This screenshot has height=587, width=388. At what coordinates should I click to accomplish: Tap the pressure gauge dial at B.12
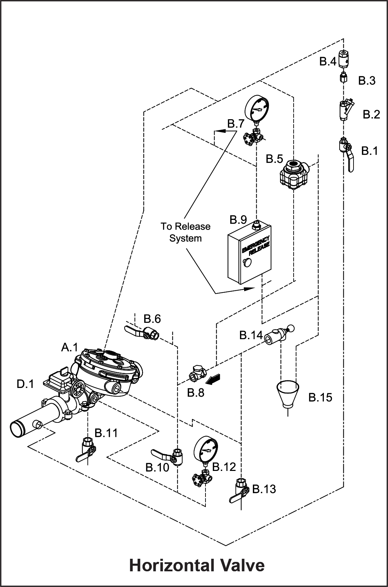click(x=206, y=450)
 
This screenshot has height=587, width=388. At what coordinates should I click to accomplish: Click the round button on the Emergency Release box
click(x=247, y=262)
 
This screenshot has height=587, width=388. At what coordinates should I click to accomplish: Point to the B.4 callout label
click(x=327, y=62)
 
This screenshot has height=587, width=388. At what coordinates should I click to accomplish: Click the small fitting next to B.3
click(x=343, y=78)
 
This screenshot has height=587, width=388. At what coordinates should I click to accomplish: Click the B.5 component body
click(x=294, y=174)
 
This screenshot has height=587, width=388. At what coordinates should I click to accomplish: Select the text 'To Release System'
click(x=186, y=232)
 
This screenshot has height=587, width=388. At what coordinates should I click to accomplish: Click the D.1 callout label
click(x=25, y=384)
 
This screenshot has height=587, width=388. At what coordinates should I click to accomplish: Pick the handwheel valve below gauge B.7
click(x=253, y=137)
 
